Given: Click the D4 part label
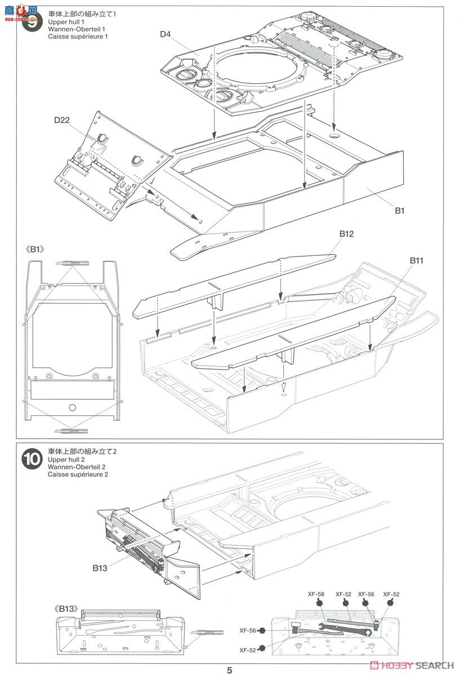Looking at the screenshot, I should (x=165, y=34).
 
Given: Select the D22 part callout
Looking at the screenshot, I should (x=62, y=121).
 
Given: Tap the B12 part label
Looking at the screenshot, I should (x=346, y=233).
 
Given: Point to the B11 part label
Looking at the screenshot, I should (x=417, y=260).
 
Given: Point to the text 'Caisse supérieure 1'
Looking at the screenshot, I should (x=78, y=37).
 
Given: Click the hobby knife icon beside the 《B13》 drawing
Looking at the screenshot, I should (x=200, y=632).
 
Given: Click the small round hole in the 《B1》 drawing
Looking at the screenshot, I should (x=72, y=407).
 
